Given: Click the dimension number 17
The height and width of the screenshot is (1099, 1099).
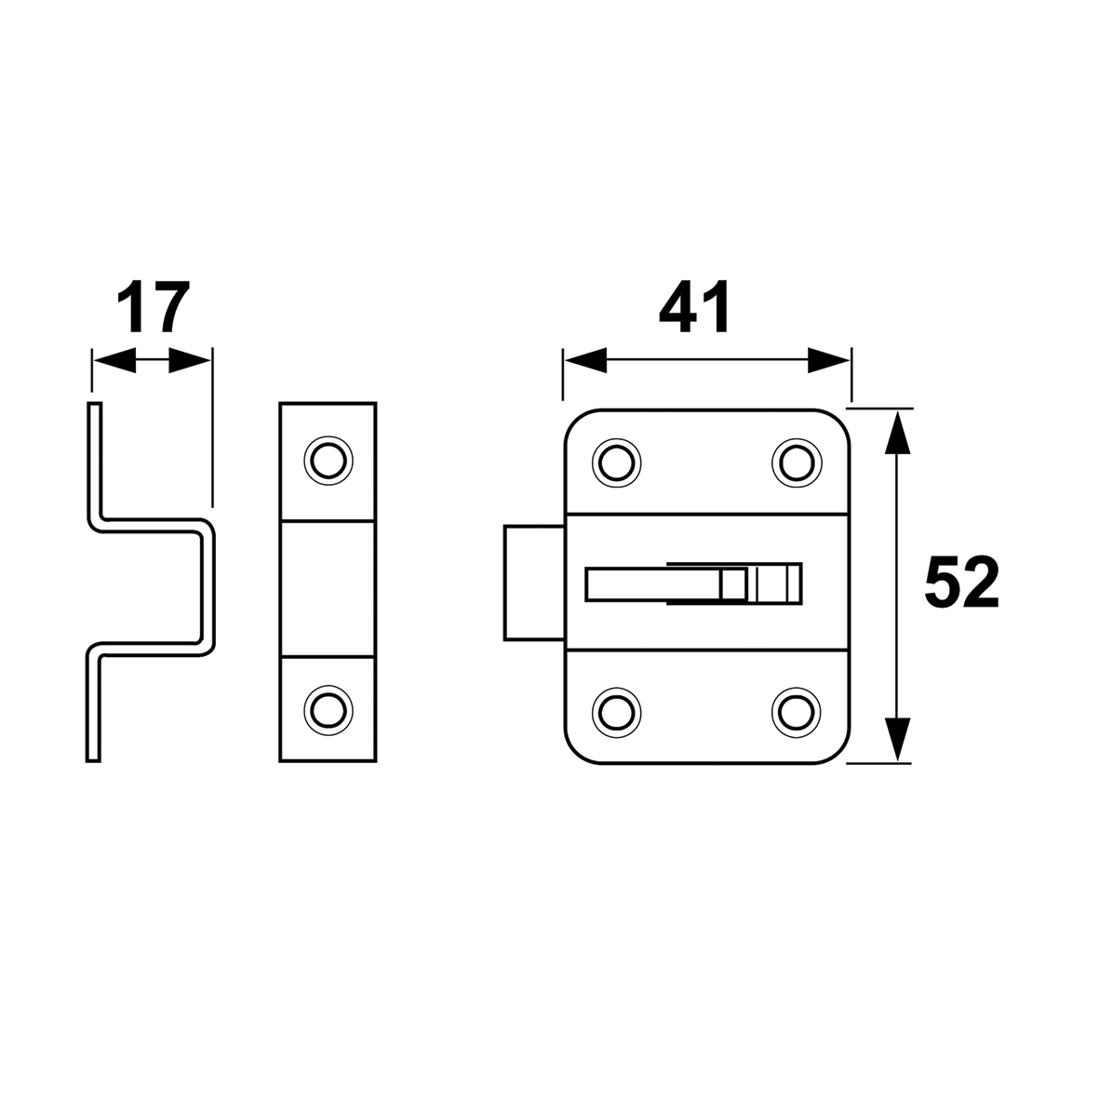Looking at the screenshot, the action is (153, 308).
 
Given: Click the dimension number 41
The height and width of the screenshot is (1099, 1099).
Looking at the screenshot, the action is (694, 308).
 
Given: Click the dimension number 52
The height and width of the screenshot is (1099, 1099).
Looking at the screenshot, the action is (961, 583).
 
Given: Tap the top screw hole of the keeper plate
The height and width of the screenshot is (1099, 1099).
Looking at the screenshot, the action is (328, 461).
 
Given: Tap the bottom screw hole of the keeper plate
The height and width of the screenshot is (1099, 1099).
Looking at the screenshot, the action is (328, 711).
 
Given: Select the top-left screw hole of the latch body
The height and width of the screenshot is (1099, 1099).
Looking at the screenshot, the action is (617, 462).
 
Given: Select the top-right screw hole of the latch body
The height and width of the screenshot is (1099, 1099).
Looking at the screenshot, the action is (797, 462).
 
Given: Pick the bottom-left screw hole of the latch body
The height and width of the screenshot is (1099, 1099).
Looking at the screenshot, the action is (617, 712).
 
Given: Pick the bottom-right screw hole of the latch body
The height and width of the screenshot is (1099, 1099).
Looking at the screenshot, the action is (797, 712).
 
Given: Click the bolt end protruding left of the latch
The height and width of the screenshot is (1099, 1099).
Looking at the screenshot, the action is (534, 583).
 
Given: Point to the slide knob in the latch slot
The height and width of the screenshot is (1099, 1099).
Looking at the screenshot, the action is (760, 583).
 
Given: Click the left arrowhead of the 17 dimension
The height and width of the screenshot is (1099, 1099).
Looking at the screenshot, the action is (114, 361).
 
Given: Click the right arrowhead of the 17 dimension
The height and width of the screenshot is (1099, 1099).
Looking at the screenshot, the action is (190, 361).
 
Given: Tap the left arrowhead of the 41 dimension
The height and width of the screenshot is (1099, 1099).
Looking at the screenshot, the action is (585, 360).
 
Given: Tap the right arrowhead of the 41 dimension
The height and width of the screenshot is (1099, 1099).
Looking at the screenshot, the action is (828, 360).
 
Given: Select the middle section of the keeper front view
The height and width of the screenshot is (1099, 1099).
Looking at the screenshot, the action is (328, 589).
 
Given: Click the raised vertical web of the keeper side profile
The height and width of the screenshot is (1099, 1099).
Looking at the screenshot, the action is (208, 587).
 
